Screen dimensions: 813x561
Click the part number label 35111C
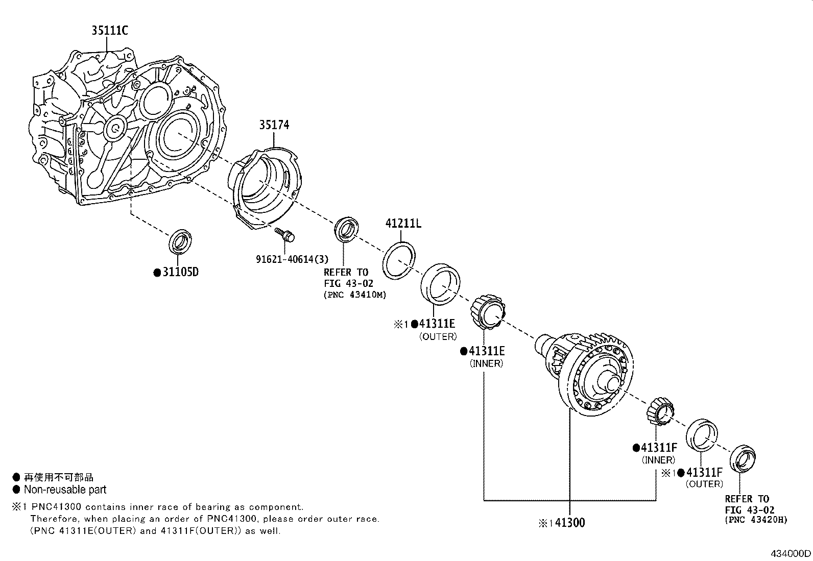[x=110, y=30]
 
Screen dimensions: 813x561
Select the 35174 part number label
[x=274, y=125]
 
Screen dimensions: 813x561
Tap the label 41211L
[x=403, y=223]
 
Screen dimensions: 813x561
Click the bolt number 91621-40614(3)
[x=292, y=259]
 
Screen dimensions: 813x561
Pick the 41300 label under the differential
[x=570, y=523]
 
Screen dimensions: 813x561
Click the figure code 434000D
[x=791, y=553]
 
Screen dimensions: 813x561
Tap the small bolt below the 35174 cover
[x=285, y=234]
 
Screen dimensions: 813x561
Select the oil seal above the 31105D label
[x=180, y=241]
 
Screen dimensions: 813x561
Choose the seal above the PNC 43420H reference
[x=743, y=458]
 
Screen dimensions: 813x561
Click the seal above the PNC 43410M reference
[x=346, y=229]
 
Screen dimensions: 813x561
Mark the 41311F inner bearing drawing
[x=660, y=411]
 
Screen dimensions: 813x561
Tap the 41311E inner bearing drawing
[x=487, y=312]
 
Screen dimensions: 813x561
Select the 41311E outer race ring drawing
[x=440, y=285]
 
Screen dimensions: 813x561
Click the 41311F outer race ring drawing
[x=702, y=435]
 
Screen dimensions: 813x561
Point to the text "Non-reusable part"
[x=65, y=490]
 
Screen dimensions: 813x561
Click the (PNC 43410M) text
[x=355, y=295]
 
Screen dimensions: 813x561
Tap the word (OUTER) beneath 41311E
[x=438, y=336]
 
